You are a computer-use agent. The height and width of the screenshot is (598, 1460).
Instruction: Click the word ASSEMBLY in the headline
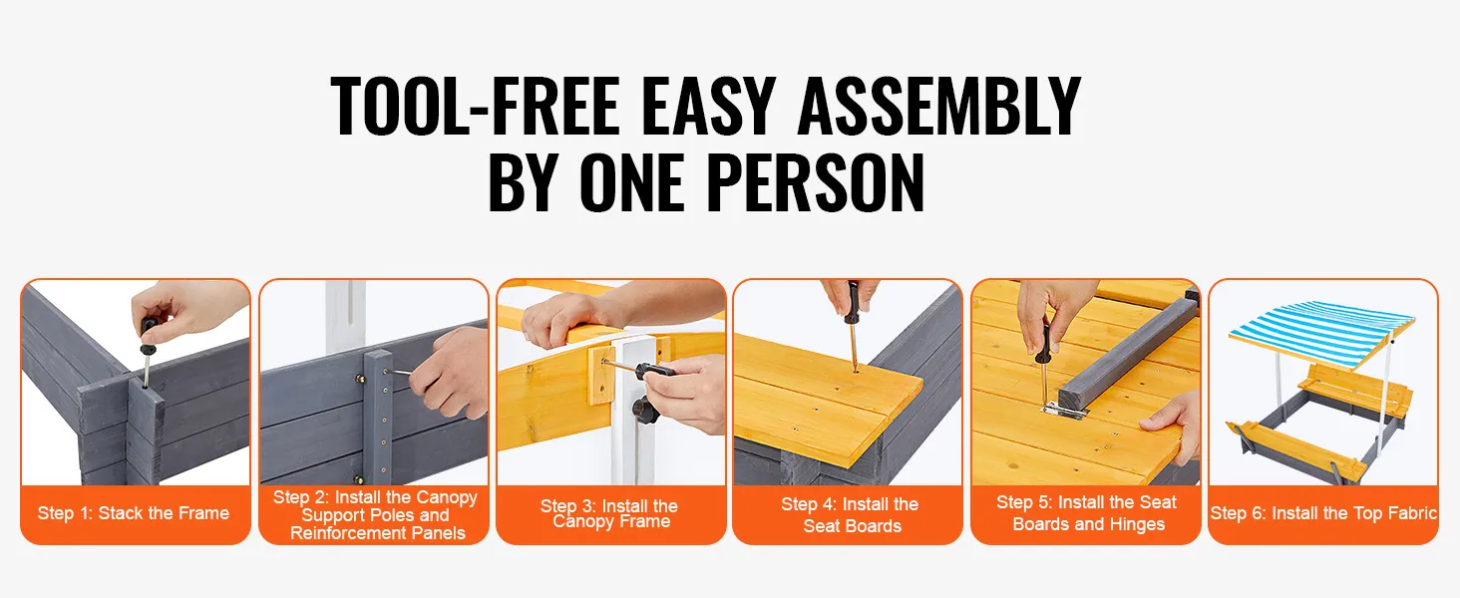click(x=938, y=106)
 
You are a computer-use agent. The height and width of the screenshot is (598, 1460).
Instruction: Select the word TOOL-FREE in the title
click(x=475, y=106)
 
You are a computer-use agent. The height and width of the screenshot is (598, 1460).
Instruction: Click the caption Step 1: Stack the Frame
click(x=134, y=513)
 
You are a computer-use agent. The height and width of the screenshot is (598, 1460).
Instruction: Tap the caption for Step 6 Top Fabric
click(x=1323, y=513)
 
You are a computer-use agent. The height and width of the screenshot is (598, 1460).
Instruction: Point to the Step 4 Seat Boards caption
click(x=851, y=514)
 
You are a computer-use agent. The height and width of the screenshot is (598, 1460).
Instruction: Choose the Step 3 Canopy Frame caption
click(x=609, y=513)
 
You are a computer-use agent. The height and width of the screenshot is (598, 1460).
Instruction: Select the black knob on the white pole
click(x=644, y=411)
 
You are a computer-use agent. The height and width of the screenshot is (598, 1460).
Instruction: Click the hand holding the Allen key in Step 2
click(x=453, y=375)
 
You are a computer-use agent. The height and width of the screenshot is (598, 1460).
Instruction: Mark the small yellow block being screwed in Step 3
click(x=601, y=375)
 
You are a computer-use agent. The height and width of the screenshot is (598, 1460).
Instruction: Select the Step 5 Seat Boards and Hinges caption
click(x=1087, y=512)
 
